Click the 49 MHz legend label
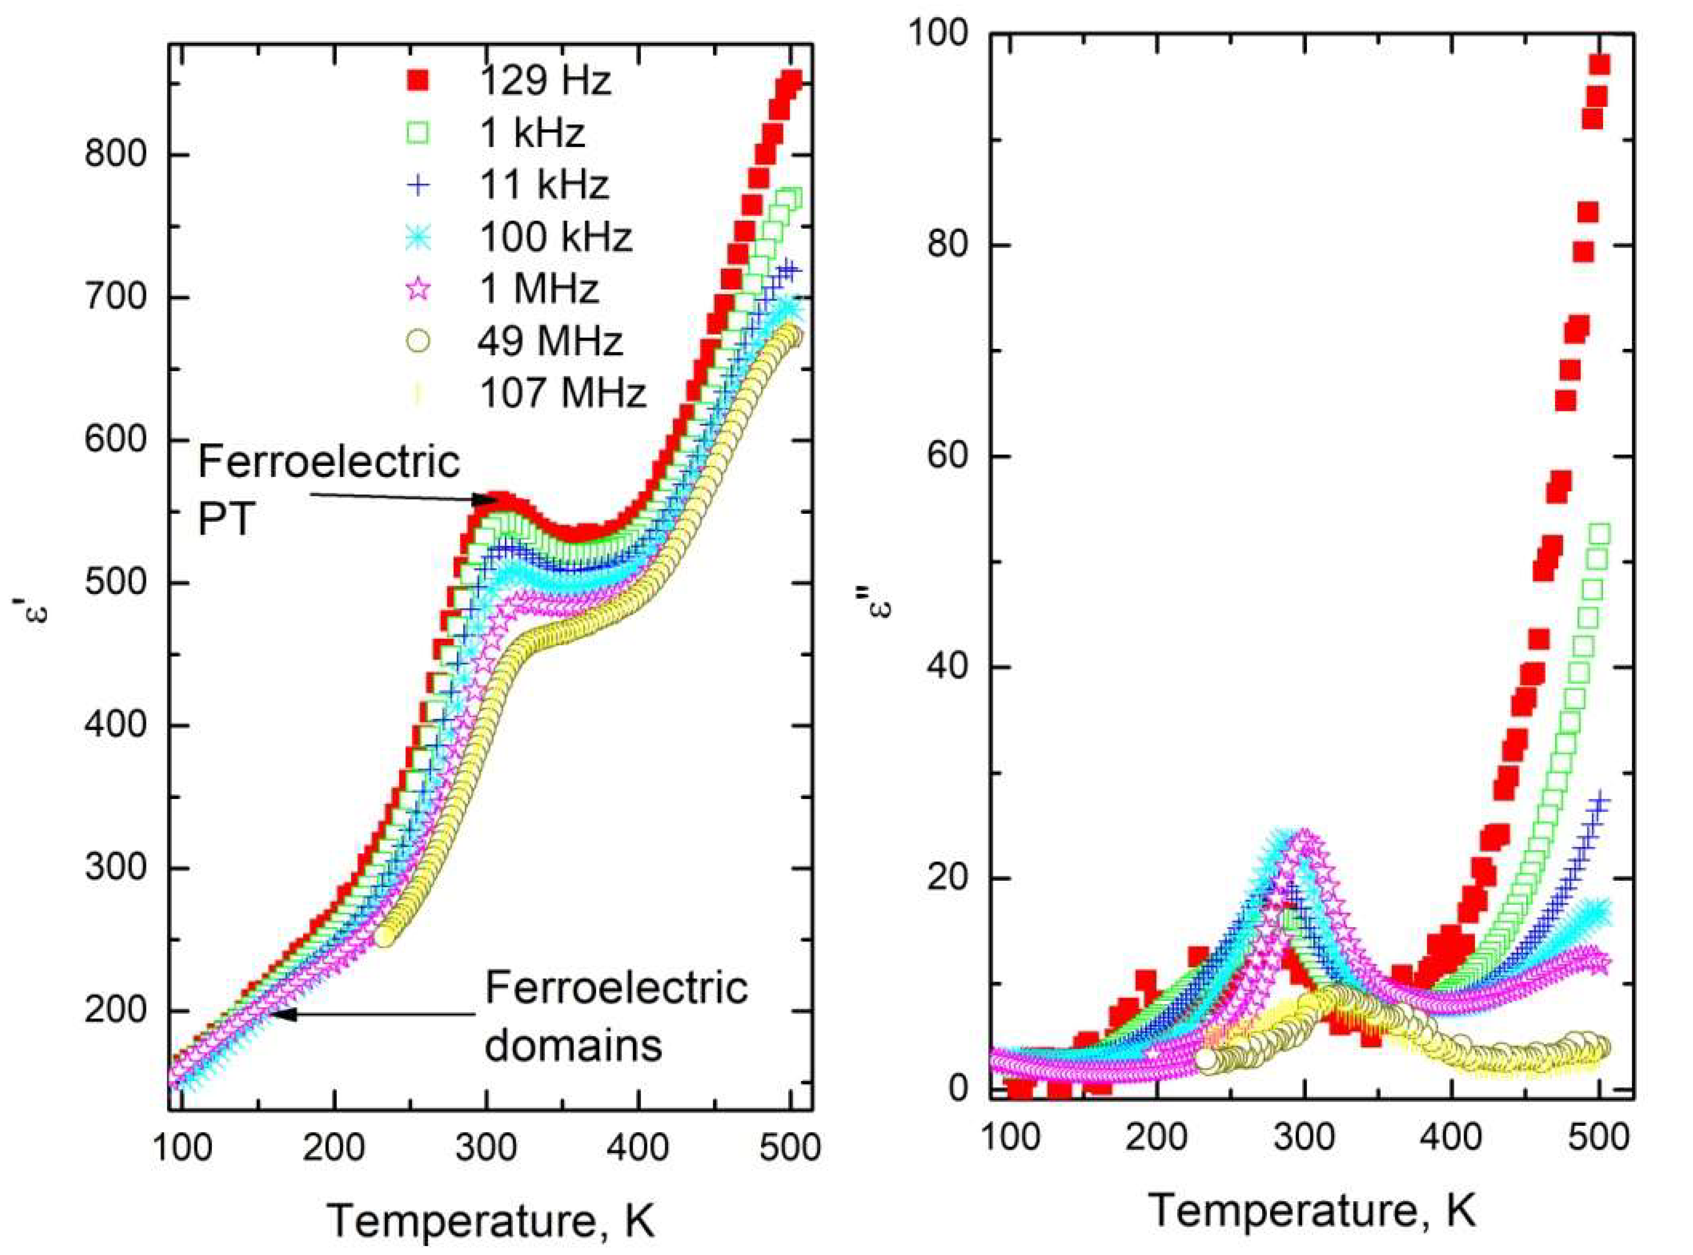point(550,341)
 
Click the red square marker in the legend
point(416,80)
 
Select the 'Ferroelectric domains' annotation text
point(615,1017)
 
